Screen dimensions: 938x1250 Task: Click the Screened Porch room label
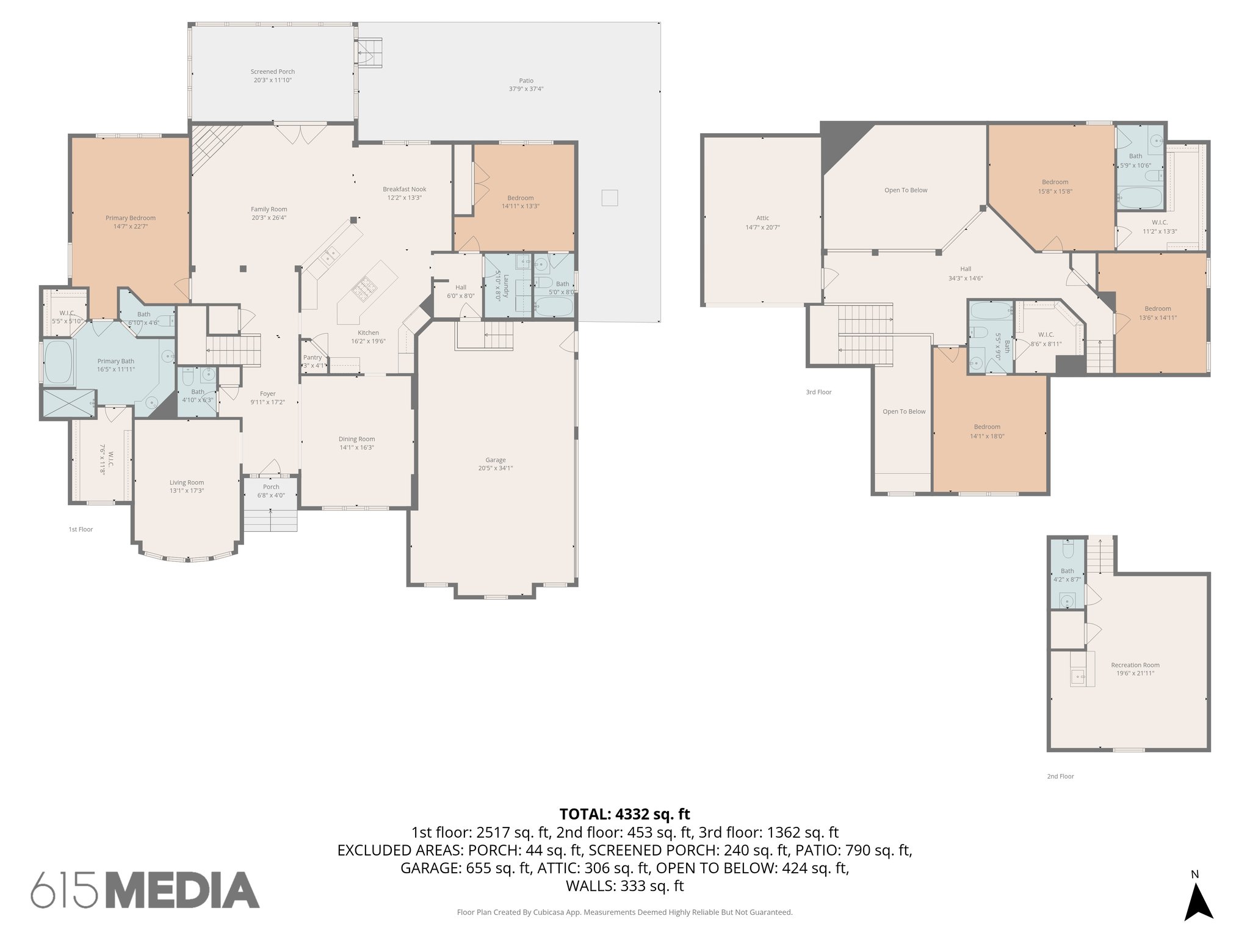pyautogui.click(x=272, y=72)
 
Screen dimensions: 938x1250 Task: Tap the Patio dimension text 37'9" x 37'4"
pyautogui.click(x=526, y=89)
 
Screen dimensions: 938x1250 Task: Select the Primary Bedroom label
pyautogui.click(x=130, y=218)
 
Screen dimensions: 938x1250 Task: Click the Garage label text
pyautogui.click(x=496, y=460)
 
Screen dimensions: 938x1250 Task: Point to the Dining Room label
pyautogui.click(x=356, y=439)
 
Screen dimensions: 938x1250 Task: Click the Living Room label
pyautogui.click(x=186, y=482)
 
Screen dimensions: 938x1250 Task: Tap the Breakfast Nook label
pyautogui.click(x=404, y=189)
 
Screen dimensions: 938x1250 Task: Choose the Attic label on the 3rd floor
pyautogui.click(x=762, y=218)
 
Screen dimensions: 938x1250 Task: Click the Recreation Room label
pyautogui.click(x=1135, y=665)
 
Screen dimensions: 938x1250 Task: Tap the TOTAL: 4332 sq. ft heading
pyautogui.click(x=624, y=814)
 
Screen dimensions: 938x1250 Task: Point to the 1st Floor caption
pyautogui.click(x=81, y=529)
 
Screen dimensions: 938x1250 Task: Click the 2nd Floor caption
pyautogui.click(x=1060, y=777)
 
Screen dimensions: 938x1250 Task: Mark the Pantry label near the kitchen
pyautogui.click(x=312, y=358)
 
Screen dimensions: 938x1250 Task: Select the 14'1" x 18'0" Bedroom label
pyautogui.click(x=986, y=427)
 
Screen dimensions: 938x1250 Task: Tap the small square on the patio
pyautogui.click(x=609, y=198)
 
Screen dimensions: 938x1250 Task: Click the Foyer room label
pyautogui.click(x=267, y=394)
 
